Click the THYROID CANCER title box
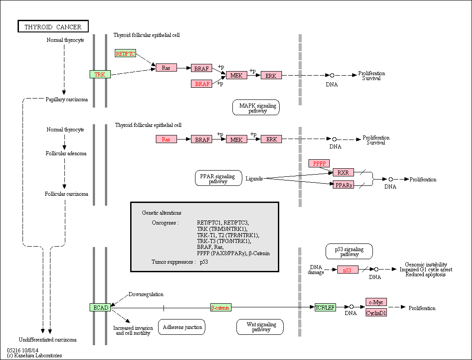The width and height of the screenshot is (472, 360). [53, 26]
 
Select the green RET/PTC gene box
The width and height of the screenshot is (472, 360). [125, 54]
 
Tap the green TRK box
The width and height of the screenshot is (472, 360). [100, 74]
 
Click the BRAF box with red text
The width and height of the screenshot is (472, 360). [202, 84]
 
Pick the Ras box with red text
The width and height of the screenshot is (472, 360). [166, 139]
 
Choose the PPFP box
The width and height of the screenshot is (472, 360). [319, 163]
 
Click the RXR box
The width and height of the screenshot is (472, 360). [343, 172]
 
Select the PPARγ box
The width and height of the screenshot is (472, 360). [343, 184]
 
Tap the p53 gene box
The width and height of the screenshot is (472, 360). [348, 270]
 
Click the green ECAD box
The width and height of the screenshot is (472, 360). [100, 307]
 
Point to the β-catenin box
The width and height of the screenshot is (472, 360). [221, 307]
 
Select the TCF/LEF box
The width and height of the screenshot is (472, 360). [325, 307]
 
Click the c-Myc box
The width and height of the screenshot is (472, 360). [376, 302]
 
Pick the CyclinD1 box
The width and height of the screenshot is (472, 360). [376, 313]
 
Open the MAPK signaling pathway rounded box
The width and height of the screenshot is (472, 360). [256, 108]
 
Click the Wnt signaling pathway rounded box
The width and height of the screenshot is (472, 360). [260, 327]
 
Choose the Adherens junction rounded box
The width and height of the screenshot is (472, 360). [182, 327]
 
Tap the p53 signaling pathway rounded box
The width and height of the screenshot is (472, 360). [349, 252]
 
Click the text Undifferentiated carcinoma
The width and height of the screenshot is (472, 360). [48, 340]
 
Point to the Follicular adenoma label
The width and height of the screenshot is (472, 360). [66, 153]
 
